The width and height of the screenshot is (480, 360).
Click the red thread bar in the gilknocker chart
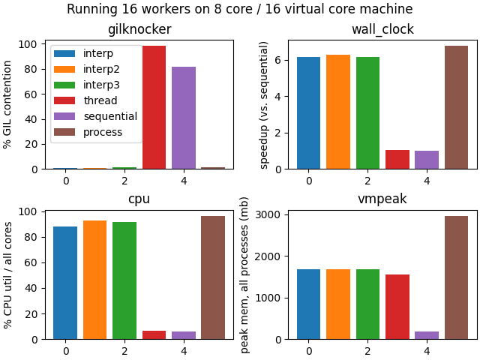[154, 107]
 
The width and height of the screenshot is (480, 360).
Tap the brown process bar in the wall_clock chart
[456, 107]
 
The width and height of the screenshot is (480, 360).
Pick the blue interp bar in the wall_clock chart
[308, 112]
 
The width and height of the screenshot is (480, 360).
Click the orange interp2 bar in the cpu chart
[94, 280]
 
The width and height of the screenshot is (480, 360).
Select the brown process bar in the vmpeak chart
[456, 277]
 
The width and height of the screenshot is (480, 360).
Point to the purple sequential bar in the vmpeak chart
[427, 335]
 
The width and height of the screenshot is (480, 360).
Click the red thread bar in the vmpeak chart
[397, 307]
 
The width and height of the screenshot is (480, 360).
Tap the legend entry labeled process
[102, 132]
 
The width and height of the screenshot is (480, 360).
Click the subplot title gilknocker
[139, 30]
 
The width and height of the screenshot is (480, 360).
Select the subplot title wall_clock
[382, 30]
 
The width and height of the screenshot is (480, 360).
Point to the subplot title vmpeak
[382, 200]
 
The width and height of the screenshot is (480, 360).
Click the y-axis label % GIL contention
[8, 105]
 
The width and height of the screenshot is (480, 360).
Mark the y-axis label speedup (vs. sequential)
[264, 105]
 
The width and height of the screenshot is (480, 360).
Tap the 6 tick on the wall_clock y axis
[277, 60]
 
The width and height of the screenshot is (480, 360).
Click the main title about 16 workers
[240, 9]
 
